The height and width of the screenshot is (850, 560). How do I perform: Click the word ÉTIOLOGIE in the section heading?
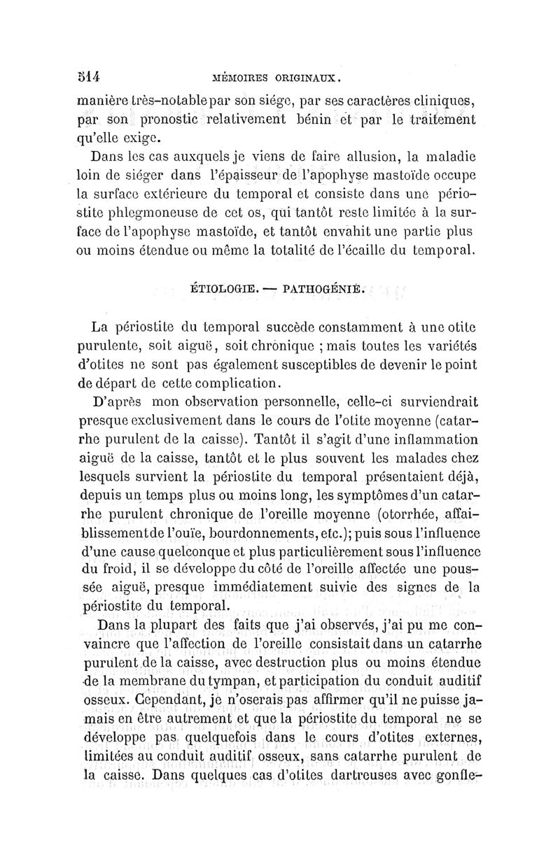(x=220, y=286)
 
